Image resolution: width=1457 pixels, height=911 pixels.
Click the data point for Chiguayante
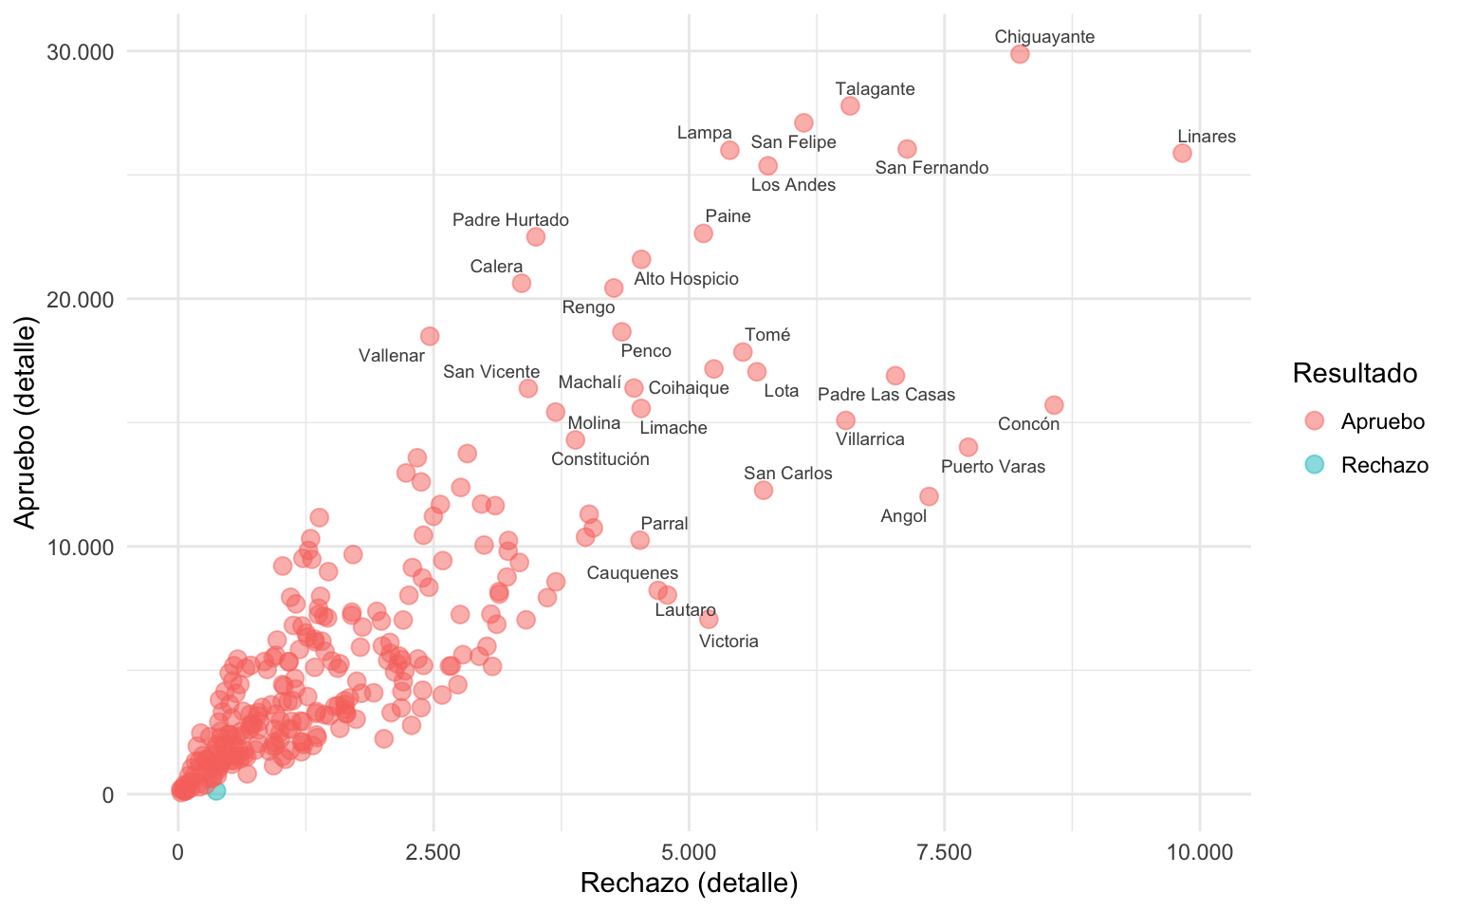[x=1020, y=54]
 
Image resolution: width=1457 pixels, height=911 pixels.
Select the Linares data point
[x=1182, y=153]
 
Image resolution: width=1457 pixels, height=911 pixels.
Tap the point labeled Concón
[x=1054, y=405]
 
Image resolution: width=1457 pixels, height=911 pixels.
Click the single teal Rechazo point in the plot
[x=216, y=790]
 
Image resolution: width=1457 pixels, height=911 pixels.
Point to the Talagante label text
[x=875, y=89]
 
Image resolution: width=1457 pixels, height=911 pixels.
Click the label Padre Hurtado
[x=510, y=220]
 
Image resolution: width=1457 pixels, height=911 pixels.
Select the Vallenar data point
[x=430, y=336]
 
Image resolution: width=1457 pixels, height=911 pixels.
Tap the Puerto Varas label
[x=992, y=467]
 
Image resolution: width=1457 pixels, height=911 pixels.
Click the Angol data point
[x=929, y=496]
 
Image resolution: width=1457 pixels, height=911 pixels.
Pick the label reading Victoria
[x=728, y=641]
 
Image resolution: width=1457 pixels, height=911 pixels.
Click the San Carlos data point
[x=764, y=490]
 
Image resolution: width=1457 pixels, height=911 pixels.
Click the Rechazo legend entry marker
[x=1314, y=465]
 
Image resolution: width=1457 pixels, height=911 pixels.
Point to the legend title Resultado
[x=1355, y=374]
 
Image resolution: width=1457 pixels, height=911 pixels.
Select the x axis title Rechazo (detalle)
[x=689, y=883]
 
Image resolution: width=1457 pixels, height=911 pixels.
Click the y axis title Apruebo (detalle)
[x=26, y=424]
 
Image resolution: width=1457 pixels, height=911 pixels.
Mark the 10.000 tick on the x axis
[x=1199, y=852]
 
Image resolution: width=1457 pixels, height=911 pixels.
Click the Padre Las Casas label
[x=886, y=395]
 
